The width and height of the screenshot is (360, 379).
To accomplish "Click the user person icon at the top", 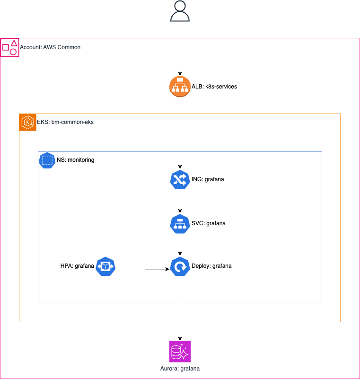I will point(180,11).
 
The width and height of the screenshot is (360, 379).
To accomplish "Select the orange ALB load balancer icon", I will point(180,87).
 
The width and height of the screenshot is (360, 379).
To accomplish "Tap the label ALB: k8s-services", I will point(214,87).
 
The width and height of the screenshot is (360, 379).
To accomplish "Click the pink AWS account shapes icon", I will point(10,48).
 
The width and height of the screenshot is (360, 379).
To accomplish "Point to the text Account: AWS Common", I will point(50,47).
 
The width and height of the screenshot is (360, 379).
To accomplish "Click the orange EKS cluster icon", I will point(28,122).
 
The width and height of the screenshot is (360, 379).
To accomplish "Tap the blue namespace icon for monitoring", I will point(46,160).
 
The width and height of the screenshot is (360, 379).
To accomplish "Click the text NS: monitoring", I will point(75,160).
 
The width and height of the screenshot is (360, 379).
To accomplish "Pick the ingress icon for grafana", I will point(180,179).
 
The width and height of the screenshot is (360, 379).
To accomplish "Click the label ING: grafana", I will point(208,180).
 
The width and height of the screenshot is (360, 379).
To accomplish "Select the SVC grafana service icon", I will point(180,223).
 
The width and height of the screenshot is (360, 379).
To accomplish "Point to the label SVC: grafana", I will point(209,223).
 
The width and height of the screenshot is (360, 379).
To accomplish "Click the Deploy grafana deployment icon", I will point(180,266).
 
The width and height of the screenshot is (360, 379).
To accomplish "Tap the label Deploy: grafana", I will point(211,266).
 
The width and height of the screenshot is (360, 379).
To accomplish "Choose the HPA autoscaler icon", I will point(105,266).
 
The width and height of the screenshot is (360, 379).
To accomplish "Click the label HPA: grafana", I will point(74,266).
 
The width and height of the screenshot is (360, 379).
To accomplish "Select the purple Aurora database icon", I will point(180,352).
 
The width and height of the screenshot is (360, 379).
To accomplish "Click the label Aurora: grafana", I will point(180,369).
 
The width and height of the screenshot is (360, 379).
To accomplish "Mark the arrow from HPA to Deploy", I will point(142,269).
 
